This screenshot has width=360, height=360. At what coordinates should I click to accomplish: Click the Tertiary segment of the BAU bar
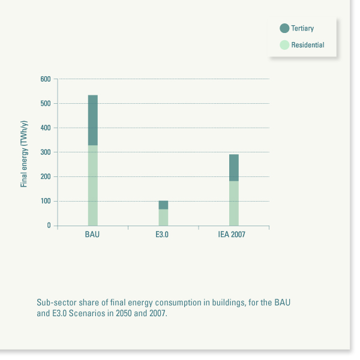(93, 120)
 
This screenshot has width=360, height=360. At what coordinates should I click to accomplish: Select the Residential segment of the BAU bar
(93, 185)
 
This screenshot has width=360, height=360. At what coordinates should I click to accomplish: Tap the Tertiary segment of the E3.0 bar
(163, 205)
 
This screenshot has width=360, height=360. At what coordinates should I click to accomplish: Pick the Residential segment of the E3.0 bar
(163, 217)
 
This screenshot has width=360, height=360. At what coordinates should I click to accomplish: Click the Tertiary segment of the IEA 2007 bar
(233, 168)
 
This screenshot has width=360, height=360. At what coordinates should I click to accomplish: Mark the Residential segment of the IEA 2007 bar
(233, 203)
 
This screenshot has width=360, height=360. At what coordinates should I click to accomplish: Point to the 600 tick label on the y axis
(46, 79)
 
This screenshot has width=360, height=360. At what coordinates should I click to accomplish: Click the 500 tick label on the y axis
(46, 104)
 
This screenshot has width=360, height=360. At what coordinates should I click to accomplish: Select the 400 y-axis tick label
(46, 128)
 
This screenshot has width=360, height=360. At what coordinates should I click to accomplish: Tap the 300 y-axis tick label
(46, 152)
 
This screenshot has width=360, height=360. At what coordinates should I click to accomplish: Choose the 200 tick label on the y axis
(46, 177)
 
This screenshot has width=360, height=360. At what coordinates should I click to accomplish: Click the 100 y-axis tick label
(46, 201)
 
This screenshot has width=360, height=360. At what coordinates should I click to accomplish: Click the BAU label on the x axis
(92, 235)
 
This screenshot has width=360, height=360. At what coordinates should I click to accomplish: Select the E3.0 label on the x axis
(163, 235)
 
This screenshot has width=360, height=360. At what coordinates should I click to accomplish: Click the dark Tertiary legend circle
(284, 28)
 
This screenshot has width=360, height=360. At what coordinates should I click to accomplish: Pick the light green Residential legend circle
(284, 45)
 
